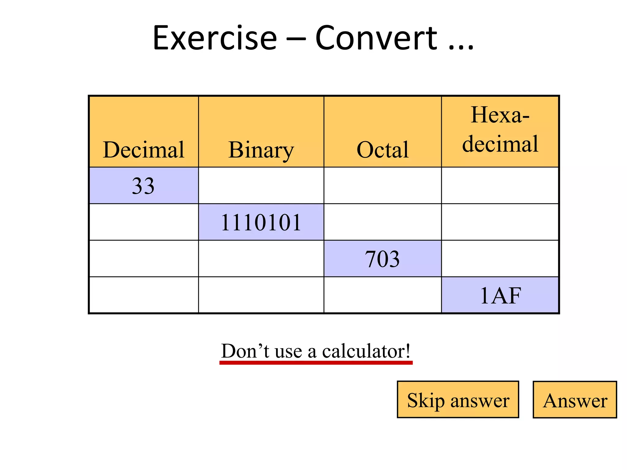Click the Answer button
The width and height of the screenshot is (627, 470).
tap(575, 400)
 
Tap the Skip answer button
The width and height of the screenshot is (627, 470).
tap(458, 400)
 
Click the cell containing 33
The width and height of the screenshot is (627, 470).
tap(143, 186)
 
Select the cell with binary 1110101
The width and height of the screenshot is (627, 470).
tap(261, 222)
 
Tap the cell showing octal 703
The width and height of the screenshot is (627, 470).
tap(382, 259)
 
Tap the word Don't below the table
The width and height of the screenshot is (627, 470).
tap(245, 351)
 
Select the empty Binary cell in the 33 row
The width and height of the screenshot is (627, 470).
tap(261, 186)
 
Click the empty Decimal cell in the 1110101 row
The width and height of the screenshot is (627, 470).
tap(144, 222)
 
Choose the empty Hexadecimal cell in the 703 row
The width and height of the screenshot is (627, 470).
tap(500, 259)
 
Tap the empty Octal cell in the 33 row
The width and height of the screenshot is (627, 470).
tap(382, 186)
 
